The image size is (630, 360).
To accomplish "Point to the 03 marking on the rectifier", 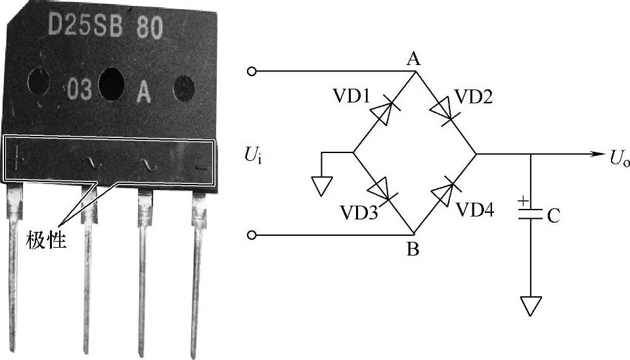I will pyautogui.click(x=78, y=90).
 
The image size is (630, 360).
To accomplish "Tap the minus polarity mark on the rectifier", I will pyautogui.click(x=202, y=169).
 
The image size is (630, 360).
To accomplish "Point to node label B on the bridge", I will pyautogui.click(x=413, y=250).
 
